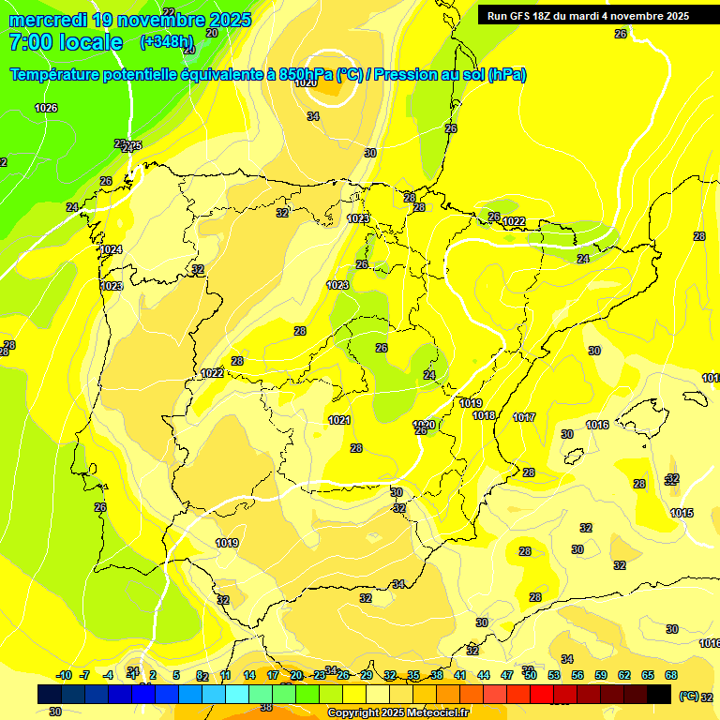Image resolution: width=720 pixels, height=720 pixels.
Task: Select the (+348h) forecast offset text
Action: (x=167, y=41)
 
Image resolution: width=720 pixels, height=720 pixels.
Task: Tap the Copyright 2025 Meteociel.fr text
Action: (x=398, y=713)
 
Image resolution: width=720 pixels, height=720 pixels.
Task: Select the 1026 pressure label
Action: (x=46, y=109)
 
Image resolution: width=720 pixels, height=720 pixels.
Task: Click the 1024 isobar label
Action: (x=112, y=250)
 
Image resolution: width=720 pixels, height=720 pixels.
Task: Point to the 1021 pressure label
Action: (x=338, y=420)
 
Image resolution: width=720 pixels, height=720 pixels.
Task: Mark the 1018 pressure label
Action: (x=484, y=416)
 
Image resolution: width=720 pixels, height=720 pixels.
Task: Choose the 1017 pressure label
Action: (x=524, y=417)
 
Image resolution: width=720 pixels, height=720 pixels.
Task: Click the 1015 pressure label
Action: (x=682, y=513)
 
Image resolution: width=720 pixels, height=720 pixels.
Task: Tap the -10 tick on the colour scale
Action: (x=64, y=676)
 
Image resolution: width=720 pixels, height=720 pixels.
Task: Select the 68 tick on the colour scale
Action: (x=671, y=676)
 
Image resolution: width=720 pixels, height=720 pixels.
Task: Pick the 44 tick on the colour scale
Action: (x=484, y=676)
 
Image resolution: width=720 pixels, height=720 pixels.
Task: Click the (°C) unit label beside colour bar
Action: (x=688, y=697)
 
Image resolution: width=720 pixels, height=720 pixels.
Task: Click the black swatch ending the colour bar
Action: (x=659, y=695)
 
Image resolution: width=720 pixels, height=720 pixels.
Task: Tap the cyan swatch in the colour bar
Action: (x=237, y=695)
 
